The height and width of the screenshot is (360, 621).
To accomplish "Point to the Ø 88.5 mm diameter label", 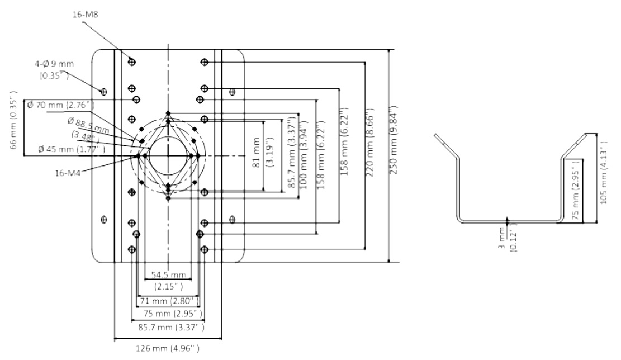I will point(88,125).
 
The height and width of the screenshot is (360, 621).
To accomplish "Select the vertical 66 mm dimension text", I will point(15,126).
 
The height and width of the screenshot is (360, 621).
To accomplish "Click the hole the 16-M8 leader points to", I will point(132,61).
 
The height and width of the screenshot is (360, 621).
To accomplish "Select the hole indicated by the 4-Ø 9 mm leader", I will point(103,91).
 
